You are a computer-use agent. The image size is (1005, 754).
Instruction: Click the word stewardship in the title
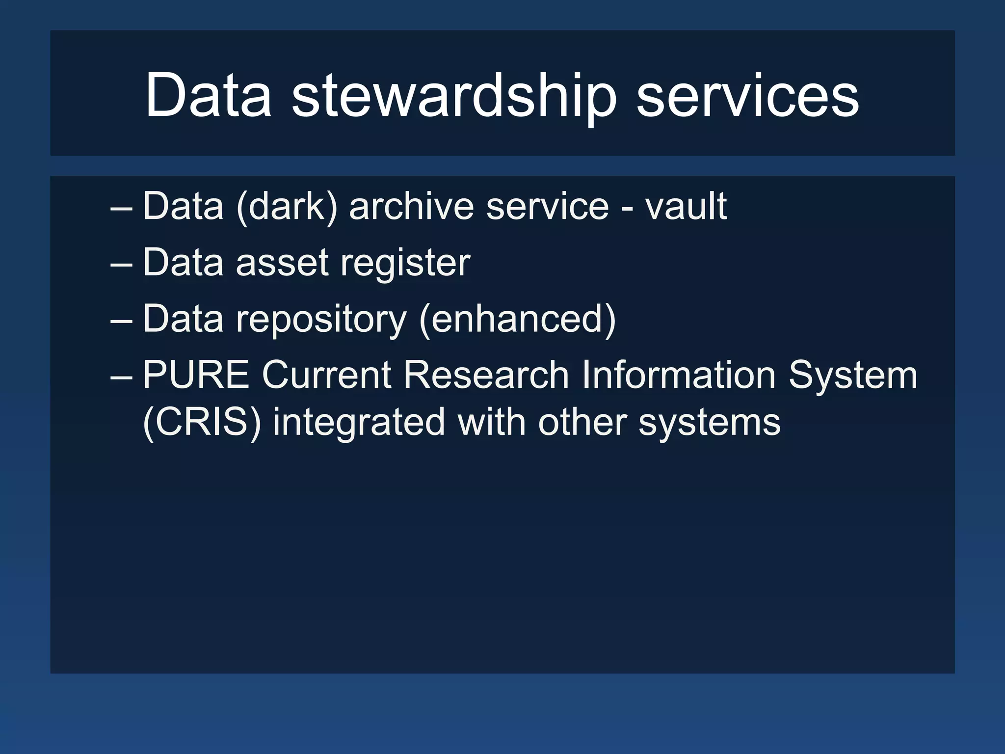pos(453,95)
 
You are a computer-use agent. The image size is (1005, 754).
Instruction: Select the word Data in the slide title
pos(208,95)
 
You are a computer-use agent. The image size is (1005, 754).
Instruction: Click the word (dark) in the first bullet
pos(287,206)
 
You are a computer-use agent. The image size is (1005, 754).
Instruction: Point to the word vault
pos(686,206)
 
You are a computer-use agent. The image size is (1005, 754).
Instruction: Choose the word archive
pos(411,206)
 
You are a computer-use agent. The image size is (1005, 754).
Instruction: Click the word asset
pos(282,263)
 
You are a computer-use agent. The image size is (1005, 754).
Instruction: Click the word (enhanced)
pos(518,319)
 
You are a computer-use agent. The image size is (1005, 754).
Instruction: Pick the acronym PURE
pos(196,375)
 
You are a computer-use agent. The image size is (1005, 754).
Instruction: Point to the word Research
pos(486,375)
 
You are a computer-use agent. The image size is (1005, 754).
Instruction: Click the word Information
pos(679,375)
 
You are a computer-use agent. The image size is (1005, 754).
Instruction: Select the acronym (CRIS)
pos(202,422)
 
